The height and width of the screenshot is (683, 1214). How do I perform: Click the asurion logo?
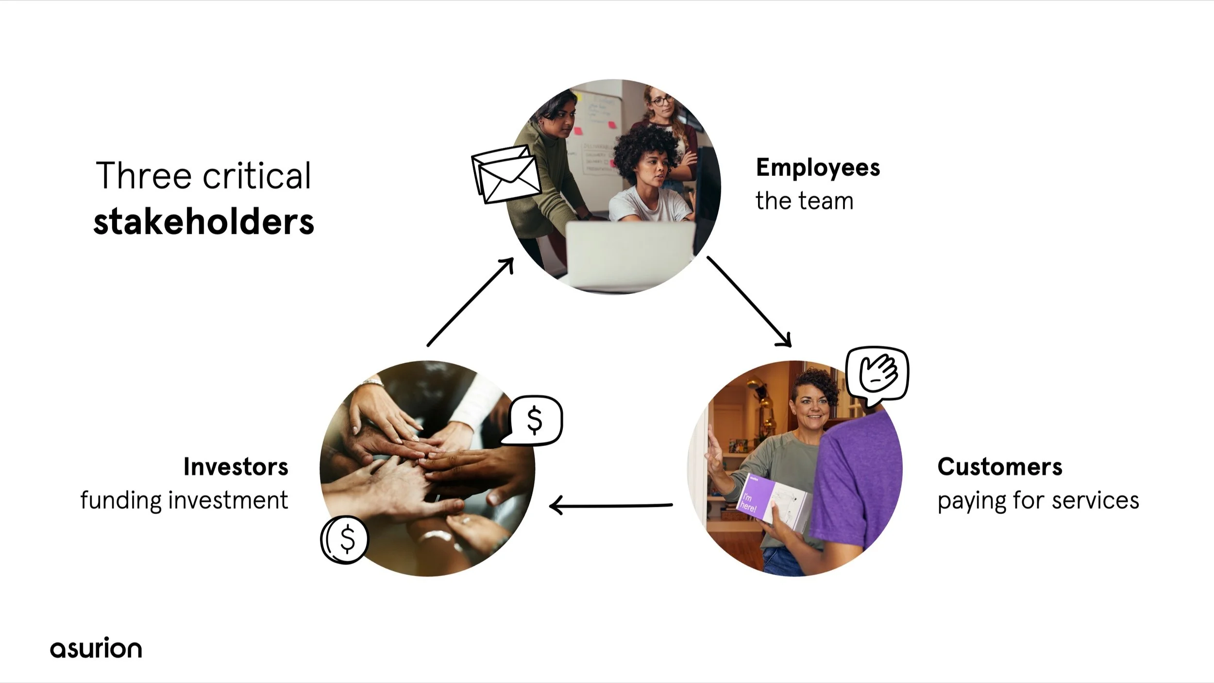pyautogui.click(x=96, y=649)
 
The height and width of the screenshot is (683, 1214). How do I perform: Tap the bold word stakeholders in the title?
pyautogui.click(x=203, y=222)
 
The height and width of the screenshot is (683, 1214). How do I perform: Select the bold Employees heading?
pyautogui.click(x=818, y=168)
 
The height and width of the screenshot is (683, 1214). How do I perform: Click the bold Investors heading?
pyautogui.click(x=236, y=467)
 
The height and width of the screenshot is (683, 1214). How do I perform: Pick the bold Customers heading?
pyautogui.click(x=1000, y=467)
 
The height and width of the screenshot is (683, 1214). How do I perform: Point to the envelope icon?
pyautogui.click(x=506, y=174)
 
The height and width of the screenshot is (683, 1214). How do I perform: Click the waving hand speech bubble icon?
pyautogui.click(x=877, y=375)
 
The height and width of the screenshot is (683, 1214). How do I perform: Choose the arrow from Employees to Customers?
pyautogui.click(x=749, y=301)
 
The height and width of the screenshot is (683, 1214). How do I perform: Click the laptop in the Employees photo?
pyautogui.click(x=630, y=253)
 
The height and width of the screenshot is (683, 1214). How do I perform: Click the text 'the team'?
pyautogui.click(x=804, y=201)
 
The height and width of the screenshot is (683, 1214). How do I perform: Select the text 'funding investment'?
pyautogui.click(x=184, y=500)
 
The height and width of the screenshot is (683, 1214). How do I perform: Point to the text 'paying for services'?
pyautogui.click(x=1038, y=500)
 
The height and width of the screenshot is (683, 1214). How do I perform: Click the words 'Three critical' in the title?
pyautogui.click(x=203, y=175)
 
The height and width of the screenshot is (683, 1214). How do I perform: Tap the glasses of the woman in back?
pyautogui.click(x=661, y=101)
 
